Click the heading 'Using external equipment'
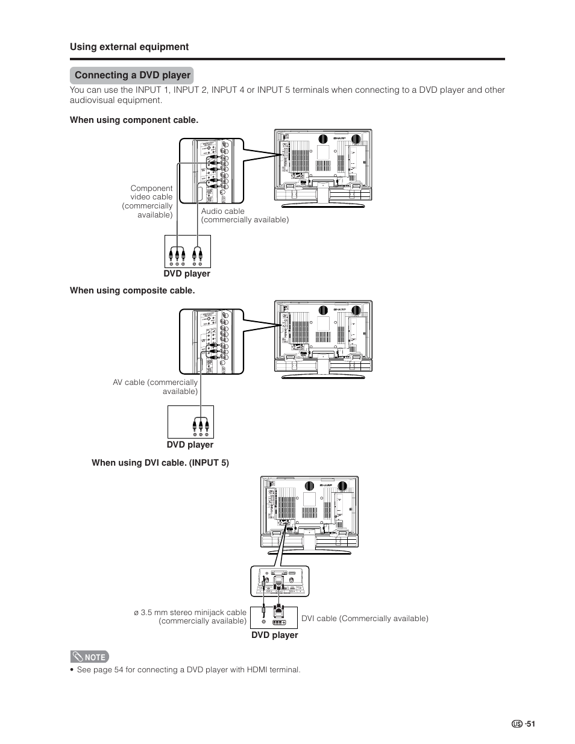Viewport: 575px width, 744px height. (x=129, y=47)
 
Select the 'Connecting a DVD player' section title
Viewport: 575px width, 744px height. (x=132, y=75)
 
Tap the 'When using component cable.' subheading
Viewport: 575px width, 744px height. (x=134, y=120)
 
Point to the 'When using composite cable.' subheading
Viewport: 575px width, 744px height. (x=132, y=290)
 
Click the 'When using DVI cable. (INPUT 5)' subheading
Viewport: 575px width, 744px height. (x=160, y=463)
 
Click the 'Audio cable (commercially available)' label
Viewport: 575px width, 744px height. (x=245, y=216)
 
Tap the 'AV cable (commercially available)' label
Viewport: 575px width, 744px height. (x=156, y=387)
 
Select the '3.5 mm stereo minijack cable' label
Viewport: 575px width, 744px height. (x=190, y=616)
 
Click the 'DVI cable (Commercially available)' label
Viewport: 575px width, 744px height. (x=365, y=618)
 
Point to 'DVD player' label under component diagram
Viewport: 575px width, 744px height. (x=187, y=274)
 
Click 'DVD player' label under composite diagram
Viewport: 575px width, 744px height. (x=190, y=445)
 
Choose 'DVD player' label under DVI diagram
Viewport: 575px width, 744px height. (x=275, y=635)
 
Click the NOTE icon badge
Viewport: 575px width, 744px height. (x=89, y=657)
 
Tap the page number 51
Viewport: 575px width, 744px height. (x=530, y=724)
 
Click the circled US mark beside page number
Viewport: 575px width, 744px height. (x=517, y=724)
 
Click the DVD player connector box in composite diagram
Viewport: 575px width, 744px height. (x=190, y=422)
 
